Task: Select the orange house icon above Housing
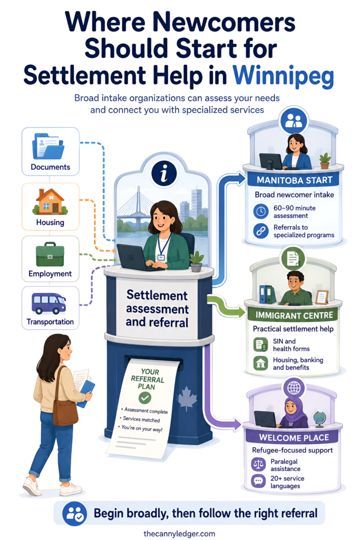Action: point(50,202)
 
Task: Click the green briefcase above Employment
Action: point(50,255)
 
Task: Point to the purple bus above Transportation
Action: point(48,303)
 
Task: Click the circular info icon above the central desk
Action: point(164,173)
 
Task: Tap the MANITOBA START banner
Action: point(294,180)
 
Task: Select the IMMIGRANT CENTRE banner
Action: point(294,315)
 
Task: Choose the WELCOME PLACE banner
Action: point(294,437)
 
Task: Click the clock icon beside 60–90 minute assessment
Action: point(261,211)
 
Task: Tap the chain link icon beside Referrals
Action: point(261,231)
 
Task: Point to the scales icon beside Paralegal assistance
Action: point(258,465)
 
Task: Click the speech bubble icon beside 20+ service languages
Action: point(258,481)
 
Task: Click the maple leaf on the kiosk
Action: point(187,399)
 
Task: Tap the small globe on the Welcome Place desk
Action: point(319,419)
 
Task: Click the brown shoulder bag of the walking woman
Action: point(65,407)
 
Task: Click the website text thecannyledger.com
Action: point(179,534)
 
